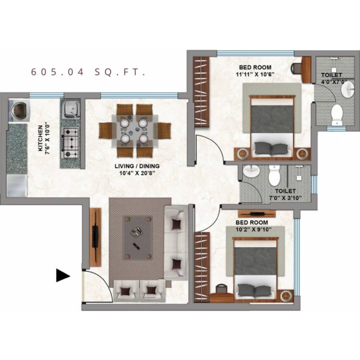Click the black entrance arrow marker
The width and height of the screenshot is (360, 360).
63,275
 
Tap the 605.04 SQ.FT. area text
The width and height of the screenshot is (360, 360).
88,72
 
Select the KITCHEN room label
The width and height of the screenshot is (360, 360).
40,138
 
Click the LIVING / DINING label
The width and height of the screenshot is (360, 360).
137,166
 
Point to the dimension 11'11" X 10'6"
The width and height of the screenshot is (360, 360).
255,74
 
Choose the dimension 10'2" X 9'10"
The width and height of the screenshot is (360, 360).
253,229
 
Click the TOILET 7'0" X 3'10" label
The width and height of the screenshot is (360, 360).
286,194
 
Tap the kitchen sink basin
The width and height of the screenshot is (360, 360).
70,109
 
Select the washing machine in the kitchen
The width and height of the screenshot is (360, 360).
19,110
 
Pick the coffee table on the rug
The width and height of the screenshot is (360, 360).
137,238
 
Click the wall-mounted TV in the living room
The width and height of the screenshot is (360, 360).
95,237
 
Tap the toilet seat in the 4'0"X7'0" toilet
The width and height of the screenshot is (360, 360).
337,115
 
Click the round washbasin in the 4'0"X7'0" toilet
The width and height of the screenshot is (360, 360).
348,89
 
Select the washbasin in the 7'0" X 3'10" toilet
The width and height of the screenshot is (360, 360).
251,171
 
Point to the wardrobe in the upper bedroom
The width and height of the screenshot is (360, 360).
202,91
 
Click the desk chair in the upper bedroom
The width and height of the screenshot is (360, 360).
296,68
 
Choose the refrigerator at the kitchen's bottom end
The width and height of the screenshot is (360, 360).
17,186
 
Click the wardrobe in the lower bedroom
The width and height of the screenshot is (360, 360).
202,266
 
